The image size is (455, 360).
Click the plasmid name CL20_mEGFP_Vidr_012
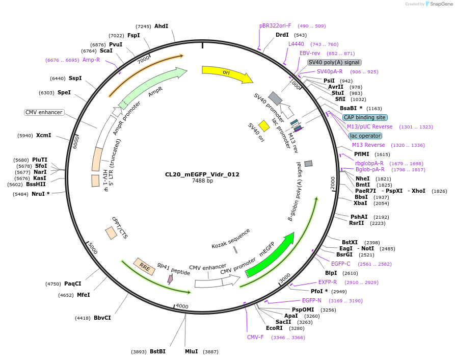(202, 174)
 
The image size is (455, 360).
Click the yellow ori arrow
(226, 73)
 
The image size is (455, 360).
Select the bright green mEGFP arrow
(270, 253)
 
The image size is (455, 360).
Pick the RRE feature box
(144, 267)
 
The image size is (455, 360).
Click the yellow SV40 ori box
(264, 126)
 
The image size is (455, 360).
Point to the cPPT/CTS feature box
(111, 233)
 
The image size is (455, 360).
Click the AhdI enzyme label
(161, 26)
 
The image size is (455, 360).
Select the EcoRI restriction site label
(274, 328)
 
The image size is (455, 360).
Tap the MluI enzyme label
(191, 351)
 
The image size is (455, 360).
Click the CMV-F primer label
(255, 337)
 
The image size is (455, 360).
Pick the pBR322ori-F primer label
(275, 25)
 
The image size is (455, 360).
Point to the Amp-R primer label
(91, 60)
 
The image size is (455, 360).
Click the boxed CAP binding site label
(364, 117)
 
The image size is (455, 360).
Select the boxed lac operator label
(365, 136)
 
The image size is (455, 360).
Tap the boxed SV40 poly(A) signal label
(334, 62)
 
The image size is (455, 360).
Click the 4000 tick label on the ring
(182, 306)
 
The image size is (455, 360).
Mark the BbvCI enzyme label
(102, 318)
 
